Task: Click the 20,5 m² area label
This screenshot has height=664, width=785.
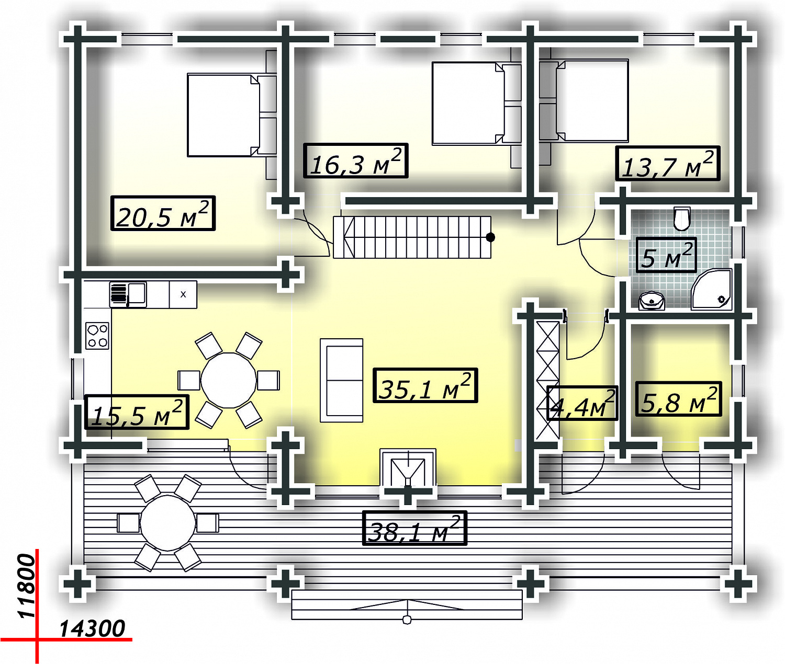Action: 163,213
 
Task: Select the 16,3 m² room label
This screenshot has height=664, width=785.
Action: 355,161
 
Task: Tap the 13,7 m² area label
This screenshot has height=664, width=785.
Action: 668,163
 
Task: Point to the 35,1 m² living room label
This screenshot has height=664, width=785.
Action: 425,385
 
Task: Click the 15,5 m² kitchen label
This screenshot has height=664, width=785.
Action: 137,412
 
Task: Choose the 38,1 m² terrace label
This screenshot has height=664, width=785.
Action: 414,528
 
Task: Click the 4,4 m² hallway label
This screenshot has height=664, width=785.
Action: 582,403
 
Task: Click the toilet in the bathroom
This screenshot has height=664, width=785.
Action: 682,219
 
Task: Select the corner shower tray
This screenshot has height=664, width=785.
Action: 711,290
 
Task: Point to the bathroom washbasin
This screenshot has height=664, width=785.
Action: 652,301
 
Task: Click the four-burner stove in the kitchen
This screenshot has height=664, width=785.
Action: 97,336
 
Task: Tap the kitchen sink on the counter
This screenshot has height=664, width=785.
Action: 128,294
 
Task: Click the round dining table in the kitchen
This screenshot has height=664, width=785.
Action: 229,380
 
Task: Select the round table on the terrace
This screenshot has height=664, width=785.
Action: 168,523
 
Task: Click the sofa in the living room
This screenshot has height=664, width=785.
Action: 341,380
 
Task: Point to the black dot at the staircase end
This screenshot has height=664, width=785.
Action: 490,237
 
